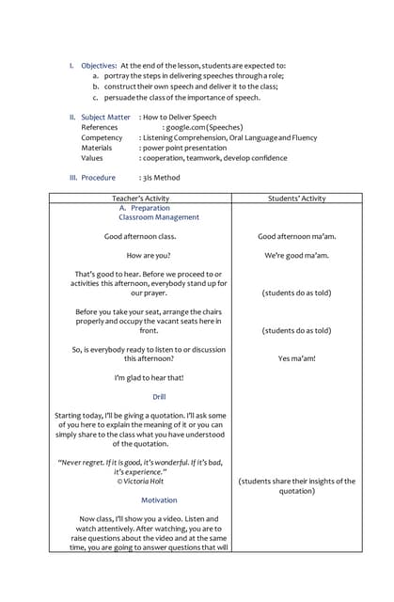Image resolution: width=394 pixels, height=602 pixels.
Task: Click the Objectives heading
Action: point(97,65)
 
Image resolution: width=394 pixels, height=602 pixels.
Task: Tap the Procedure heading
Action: point(98,177)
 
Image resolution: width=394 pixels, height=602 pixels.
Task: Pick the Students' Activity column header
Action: point(296,198)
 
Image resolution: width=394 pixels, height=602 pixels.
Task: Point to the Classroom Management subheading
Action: point(159,217)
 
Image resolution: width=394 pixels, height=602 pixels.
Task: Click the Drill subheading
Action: point(159,396)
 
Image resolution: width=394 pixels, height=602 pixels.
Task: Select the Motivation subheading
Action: point(159,500)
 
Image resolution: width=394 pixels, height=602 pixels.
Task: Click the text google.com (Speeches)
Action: point(204,128)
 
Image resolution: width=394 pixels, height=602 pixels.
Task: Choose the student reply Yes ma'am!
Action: point(297,358)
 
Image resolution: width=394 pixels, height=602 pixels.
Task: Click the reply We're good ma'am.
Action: point(297,255)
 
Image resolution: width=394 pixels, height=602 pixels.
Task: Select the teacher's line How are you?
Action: point(148,255)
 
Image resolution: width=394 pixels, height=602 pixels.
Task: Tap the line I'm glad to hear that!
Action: point(149,377)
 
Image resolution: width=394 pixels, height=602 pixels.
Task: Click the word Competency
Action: point(102,137)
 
